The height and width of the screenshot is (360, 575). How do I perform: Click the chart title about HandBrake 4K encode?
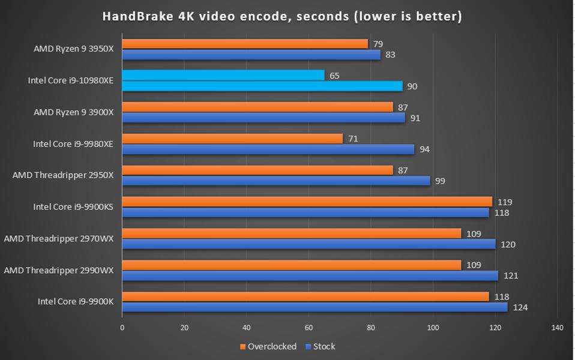tap(282, 16)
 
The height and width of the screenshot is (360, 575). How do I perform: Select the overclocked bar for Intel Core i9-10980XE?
tap(223, 76)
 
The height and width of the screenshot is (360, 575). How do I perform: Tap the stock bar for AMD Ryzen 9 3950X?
tap(251, 55)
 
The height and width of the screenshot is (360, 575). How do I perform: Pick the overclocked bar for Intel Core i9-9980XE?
tap(232, 139)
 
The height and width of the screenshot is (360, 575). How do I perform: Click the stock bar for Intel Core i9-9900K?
tap(315, 307)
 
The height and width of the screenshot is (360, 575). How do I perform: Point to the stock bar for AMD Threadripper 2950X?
tap(276, 181)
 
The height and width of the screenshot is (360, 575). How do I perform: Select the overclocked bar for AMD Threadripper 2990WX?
tap(292, 265)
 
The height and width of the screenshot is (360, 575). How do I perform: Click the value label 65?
tap(334, 76)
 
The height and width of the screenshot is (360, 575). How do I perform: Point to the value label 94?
tap(424, 149)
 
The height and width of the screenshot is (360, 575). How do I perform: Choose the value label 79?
tap(378, 44)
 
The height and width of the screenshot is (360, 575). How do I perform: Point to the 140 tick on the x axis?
tap(557, 328)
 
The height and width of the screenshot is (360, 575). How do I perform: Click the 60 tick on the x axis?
tap(309, 328)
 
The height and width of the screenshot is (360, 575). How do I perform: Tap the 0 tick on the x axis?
tap(122, 328)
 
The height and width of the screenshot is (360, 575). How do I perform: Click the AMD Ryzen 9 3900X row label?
tap(73, 112)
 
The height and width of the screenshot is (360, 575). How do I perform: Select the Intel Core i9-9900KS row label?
tap(73, 207)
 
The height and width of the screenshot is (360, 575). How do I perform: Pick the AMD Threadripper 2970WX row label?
tap(58, 239)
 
